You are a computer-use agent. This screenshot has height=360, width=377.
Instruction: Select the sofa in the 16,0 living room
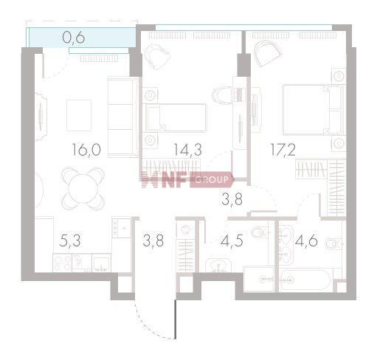click(x=122, y=115)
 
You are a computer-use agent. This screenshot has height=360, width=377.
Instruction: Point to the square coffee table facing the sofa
click(x=79, y=114)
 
